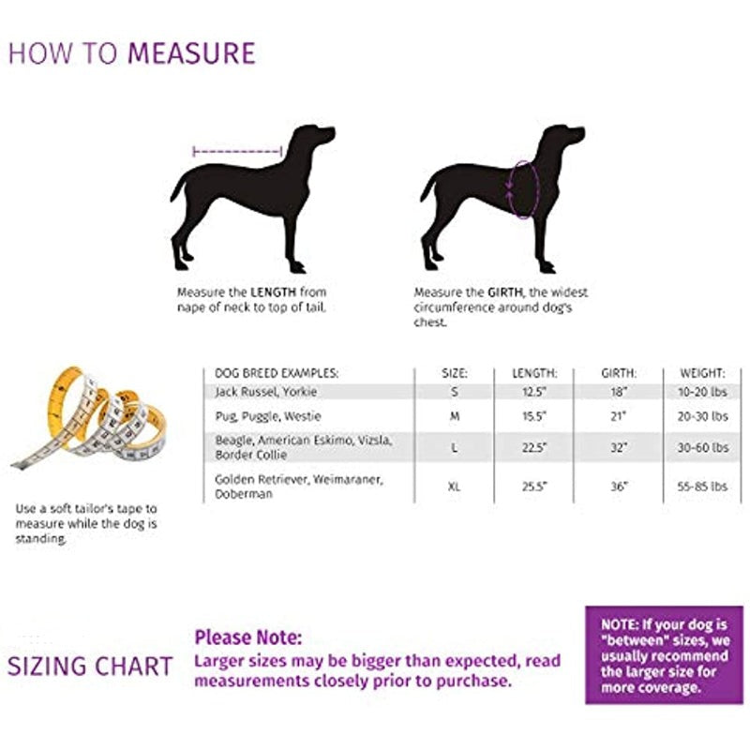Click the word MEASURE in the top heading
[191, 52]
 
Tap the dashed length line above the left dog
[236, 150]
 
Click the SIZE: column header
[455, 373]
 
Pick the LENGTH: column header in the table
[534, 373]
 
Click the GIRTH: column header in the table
[619, 373]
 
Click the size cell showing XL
[455, 487]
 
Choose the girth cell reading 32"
[619, 447]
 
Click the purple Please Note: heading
[248, 638]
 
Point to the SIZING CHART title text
[90, 667]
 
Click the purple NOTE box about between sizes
[664, 655]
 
